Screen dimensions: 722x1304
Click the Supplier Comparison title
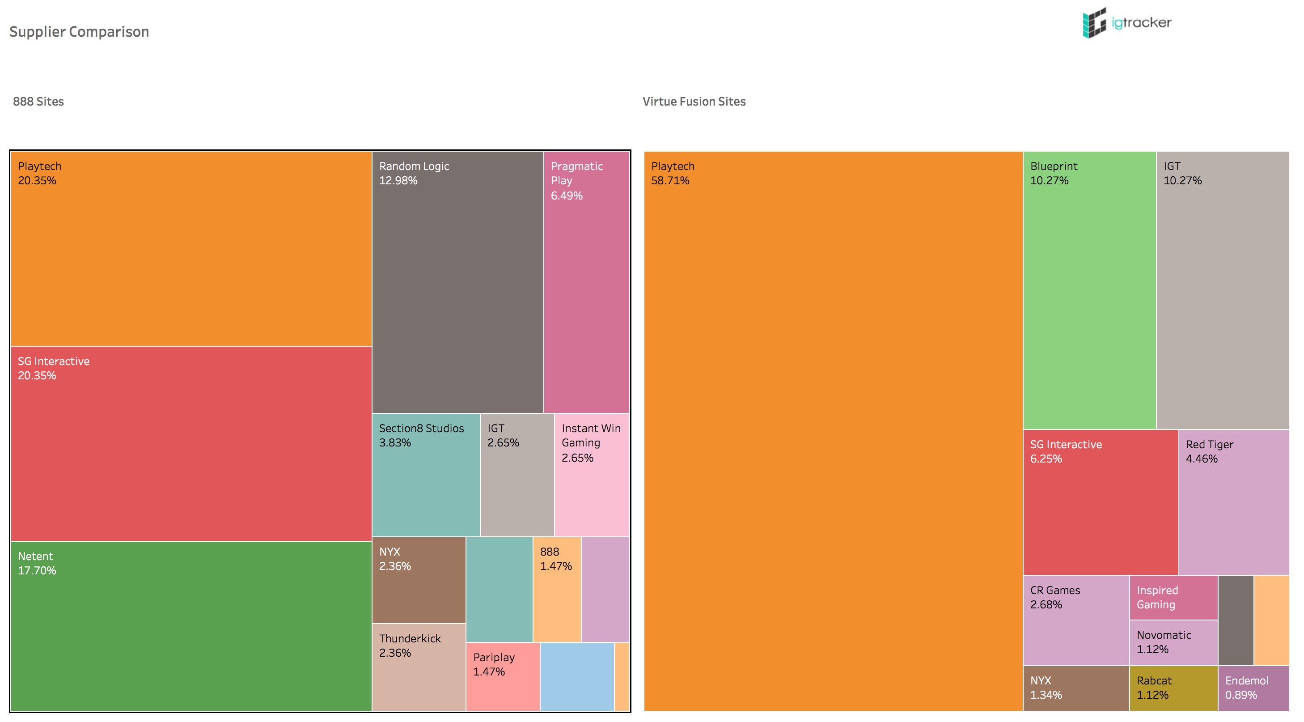79,31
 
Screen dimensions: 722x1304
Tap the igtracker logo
1126,23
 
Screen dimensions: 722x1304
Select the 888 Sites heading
38,101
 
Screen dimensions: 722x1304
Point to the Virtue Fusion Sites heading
694,101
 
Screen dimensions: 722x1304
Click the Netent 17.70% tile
191,626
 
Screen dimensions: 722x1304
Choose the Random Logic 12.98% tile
457,282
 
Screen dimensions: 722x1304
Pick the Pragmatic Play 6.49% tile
586,282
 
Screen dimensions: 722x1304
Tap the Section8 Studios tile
426,475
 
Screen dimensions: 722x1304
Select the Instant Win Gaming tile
591,475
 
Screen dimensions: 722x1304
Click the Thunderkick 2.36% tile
419,667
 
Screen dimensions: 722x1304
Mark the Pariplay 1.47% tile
502,676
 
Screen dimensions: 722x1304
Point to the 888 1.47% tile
557,589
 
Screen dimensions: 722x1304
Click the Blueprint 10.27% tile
1089,290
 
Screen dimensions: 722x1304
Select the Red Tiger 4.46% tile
1233,502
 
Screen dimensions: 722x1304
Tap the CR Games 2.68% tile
1075,620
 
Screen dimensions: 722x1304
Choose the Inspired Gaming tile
1173,598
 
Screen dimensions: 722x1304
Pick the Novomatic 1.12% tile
1173,642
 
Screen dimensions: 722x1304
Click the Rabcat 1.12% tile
1173,688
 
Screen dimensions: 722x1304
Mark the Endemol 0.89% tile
1253,688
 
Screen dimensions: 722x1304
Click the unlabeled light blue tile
576,676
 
